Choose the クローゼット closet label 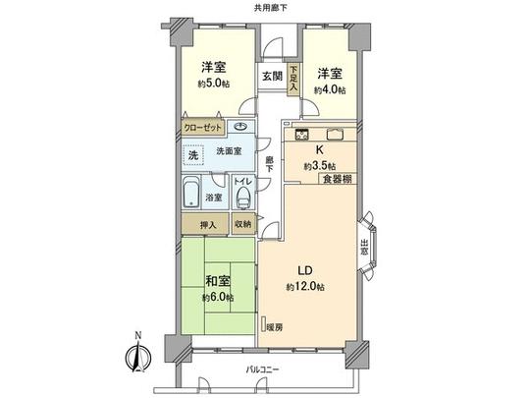202,128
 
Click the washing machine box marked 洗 194,155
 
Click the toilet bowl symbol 243,197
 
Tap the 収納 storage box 243,224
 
